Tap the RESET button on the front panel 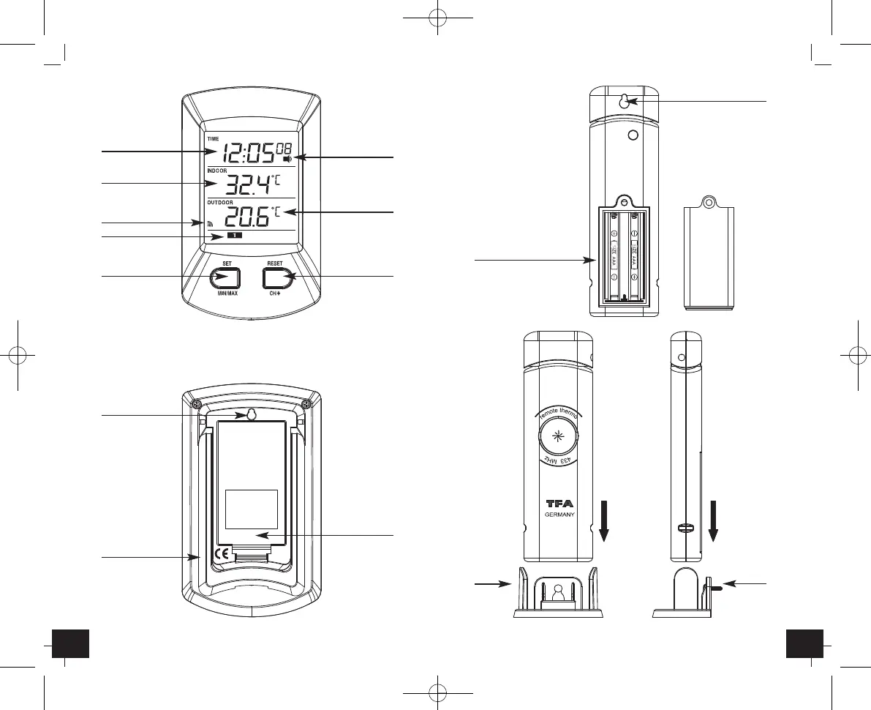[275, 277]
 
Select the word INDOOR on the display [217, 171]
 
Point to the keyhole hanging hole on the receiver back [249, 416]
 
